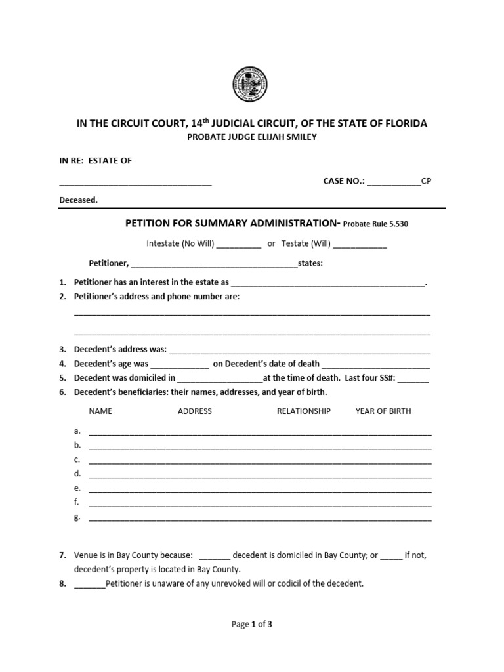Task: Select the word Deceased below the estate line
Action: [x=78, y=200]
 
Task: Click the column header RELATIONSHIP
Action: [x=304, y=411]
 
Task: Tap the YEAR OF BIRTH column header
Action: [x=383, y=411]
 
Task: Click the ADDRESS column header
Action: [x=195, y=411]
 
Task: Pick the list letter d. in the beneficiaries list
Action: [x=77, y=473]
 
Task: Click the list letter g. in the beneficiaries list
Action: [x=77, y=516]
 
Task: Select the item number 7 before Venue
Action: [x=62, y=555]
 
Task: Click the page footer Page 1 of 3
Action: [x=252, y=625]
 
